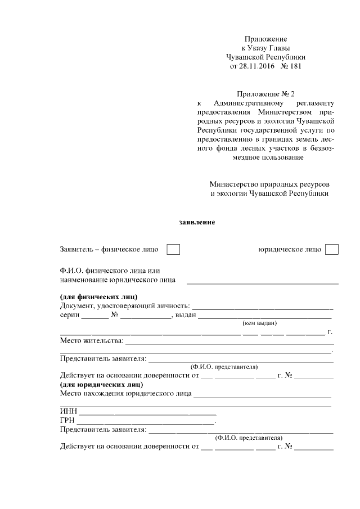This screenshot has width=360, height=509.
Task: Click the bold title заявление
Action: click(197, 222)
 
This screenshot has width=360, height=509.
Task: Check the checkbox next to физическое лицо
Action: click(174, 249)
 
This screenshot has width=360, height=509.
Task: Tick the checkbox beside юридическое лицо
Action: click(332, 249)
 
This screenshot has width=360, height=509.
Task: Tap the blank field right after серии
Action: click(94, 316)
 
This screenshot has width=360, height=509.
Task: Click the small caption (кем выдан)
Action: click(260, 323)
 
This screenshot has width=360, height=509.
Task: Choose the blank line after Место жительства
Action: click(229, 341)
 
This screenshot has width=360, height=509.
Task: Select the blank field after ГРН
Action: click(146, 421)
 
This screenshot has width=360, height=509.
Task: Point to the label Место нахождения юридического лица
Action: click(125, 394)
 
